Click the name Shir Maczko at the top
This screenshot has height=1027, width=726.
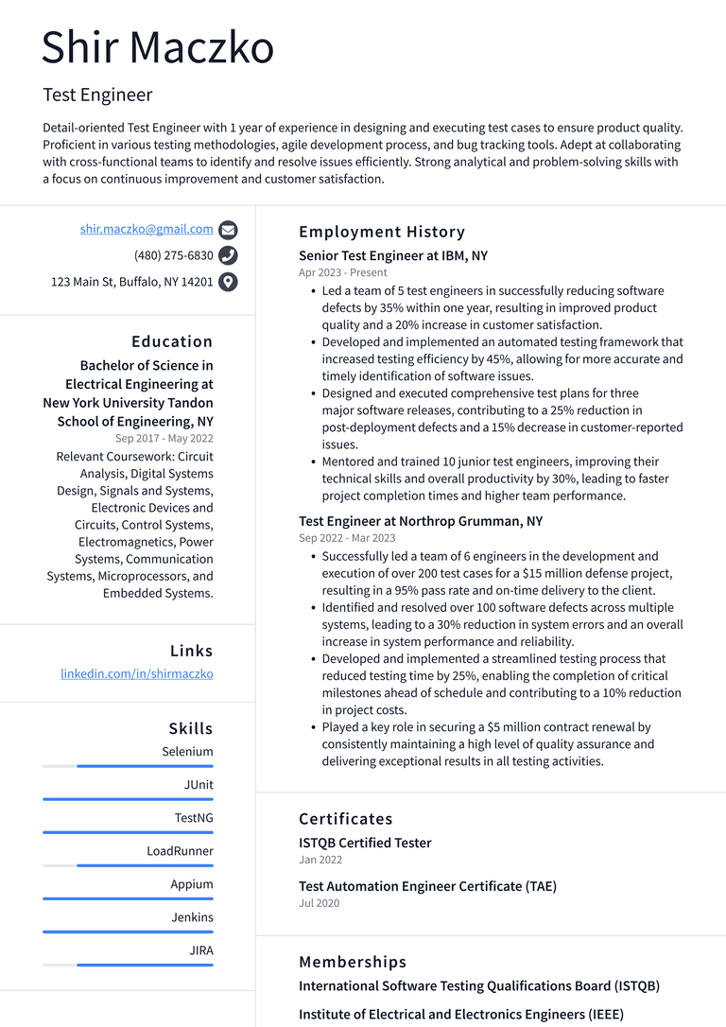(158, 48)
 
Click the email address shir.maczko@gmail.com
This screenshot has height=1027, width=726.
(147, 229)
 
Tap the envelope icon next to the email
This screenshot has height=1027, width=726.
(228, 230)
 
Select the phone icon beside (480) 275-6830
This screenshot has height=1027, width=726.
(228, 255)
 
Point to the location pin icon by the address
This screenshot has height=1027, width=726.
(228, 282)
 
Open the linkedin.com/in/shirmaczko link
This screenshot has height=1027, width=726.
(137, 674)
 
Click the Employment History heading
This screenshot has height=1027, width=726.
(382, 232)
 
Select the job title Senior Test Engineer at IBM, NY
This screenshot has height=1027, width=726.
(393, 256)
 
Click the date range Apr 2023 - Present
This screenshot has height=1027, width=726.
(343, 272)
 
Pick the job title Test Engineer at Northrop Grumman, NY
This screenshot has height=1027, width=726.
(421, 522)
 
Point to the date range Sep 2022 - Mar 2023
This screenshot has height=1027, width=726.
(347, 538)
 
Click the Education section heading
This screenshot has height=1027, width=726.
(172, 341)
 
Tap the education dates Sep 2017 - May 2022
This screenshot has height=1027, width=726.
(164, 439)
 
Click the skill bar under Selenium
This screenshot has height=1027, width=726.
(128, 766)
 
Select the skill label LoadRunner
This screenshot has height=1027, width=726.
(180, 851)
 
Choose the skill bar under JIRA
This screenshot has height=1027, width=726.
(128, 965)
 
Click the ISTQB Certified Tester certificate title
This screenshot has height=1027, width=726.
(365, 844)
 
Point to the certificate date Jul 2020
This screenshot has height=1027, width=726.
(319, 903)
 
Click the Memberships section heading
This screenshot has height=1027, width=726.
(353, 962)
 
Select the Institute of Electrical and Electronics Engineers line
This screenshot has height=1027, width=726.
(461, 1015)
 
